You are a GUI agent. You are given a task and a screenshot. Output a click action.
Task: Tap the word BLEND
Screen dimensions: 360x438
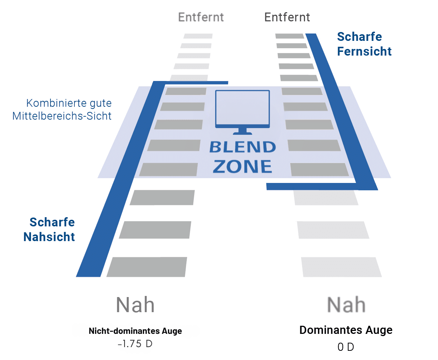[242, 148]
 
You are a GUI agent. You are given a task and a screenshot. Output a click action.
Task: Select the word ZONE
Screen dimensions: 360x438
[242, 166]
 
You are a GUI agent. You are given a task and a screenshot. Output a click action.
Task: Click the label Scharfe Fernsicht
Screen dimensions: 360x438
[364, 44]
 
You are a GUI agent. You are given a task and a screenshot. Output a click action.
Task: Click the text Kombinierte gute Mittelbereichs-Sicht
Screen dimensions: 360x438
[62, 109]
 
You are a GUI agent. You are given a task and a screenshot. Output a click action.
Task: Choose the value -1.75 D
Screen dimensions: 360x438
[135, 345]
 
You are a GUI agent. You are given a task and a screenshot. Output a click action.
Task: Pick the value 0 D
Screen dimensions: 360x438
[346, 347]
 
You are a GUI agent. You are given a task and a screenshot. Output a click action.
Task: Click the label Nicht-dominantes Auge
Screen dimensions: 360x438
[135, 331]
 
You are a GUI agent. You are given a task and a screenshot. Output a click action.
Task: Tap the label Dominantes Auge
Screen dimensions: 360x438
[346, 330]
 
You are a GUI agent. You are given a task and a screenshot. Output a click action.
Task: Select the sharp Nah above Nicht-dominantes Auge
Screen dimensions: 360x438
[135, 305]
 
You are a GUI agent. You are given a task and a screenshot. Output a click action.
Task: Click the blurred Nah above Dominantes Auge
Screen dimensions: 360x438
[346, 305]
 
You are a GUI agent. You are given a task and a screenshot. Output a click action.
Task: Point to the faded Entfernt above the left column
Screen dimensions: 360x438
[201, 17]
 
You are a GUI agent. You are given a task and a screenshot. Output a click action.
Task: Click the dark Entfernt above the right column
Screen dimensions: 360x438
[287, 17]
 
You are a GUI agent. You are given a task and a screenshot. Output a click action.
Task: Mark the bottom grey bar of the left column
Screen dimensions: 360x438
[147, 267]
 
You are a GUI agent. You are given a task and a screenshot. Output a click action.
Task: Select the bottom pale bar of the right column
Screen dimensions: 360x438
[341, 267]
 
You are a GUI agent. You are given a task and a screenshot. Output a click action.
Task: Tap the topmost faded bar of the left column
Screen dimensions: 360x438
[198, 36]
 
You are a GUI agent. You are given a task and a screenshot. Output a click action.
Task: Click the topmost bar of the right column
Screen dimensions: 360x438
[290, 36]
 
